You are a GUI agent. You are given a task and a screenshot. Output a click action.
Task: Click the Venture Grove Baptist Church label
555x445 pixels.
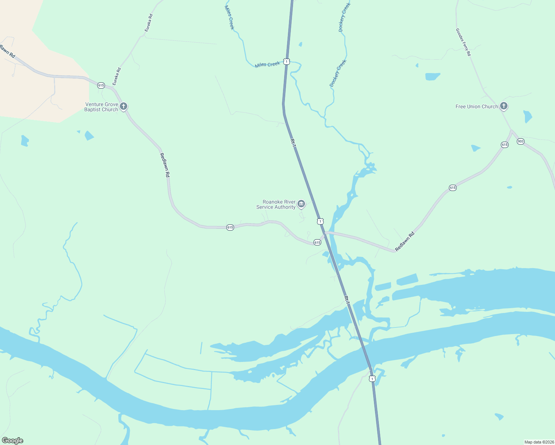pyautogui.click(x=101, y=107)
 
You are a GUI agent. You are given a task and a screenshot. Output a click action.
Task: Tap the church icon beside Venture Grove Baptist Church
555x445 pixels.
pyautogui.click(x=124, y=106)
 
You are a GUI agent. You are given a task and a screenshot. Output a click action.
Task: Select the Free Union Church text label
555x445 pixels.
pyautogui.click(x=477, y=107)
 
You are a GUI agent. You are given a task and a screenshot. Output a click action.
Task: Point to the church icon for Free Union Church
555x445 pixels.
pyautogui.click(x=503, y=106)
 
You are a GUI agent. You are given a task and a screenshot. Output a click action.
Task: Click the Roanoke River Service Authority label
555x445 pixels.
pyautogui.click(x=276, y=205)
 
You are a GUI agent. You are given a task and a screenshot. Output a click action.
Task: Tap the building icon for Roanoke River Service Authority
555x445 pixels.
pyautogui.click(x=301, y=204)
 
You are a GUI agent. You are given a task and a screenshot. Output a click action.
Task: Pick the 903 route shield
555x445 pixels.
pyautogui.click(x=520, y=141)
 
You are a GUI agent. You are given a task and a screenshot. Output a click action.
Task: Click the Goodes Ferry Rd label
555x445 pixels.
pyautogui.click(x=463, y=42)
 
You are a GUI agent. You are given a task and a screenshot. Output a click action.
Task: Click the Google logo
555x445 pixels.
pyautogui.click(x=13, y=441)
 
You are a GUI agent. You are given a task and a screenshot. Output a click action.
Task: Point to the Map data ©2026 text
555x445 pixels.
pyautogui.click(x=539, y=442)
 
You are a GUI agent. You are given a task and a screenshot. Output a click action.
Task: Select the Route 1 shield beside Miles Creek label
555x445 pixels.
pyautogui.click(x=286, y=62)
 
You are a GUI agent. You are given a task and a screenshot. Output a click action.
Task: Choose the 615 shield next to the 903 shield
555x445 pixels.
pyautogui.click(x=505, y=145)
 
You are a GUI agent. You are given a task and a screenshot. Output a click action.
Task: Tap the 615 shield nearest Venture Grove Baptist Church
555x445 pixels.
pyautogui.click(x=101, y=85)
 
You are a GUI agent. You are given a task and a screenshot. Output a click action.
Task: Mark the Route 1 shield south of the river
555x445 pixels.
pyautogui.click(x=372, y=379)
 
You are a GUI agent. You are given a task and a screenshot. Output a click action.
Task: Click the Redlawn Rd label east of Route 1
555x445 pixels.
pyautogui.click(x=405, y=242)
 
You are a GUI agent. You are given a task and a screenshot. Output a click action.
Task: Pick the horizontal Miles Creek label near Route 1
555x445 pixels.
pyautogui.click(x=267, y=65)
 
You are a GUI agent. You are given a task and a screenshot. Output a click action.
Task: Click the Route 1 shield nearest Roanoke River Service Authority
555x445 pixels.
pyautogui.click(x=320, y=221)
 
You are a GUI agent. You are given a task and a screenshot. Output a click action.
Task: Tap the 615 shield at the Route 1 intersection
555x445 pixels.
pyautogui.click(x=317, y=242)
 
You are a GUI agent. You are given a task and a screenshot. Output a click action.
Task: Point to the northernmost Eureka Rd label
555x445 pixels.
pyautogui.click(x=149, y=23)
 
